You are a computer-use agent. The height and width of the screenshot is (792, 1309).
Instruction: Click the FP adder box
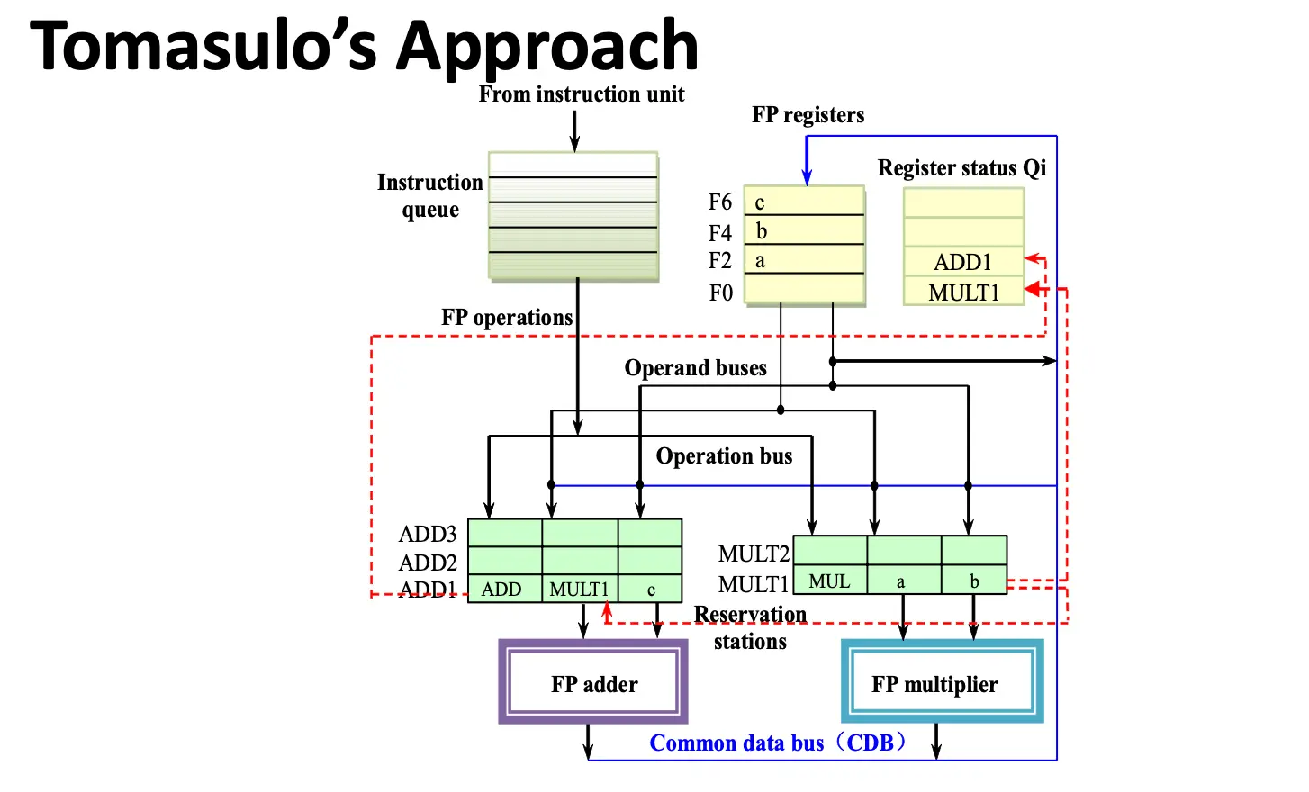point(593,682)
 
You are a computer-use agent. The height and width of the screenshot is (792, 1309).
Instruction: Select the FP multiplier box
point(941,682)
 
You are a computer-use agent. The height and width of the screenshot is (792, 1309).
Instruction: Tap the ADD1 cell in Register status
point(963,262)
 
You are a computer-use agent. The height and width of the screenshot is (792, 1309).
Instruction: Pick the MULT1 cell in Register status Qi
point(963,292)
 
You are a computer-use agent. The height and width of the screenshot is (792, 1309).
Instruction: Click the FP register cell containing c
point(803,202)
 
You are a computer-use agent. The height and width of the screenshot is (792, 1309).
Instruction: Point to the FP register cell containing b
point(803,231)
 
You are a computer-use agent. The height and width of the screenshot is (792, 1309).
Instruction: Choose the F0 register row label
point(720,292)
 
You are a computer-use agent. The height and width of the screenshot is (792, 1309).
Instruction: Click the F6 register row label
point(720,202)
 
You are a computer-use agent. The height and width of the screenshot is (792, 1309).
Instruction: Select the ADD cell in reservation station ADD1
point(502,589)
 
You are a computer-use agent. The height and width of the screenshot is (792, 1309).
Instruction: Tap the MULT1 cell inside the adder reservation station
point(579,589)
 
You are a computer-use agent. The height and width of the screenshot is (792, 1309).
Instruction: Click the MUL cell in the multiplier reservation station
point(829,580)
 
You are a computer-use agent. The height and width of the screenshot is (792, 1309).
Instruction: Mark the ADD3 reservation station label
point(428,534)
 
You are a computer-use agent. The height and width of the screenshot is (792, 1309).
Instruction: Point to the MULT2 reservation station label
point(754,553)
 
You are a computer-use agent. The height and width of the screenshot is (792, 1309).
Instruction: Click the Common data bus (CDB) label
point(778,743)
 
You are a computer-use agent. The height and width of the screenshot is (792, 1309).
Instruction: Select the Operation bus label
point(724,456)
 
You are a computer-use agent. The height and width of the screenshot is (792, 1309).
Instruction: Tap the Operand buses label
point(695,368)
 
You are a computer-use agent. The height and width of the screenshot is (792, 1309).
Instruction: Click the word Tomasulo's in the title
point(203,47)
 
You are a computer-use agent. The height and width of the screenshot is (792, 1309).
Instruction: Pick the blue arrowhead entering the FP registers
point(807,178)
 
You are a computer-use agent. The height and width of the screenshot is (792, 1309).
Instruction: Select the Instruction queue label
point(429,195)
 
